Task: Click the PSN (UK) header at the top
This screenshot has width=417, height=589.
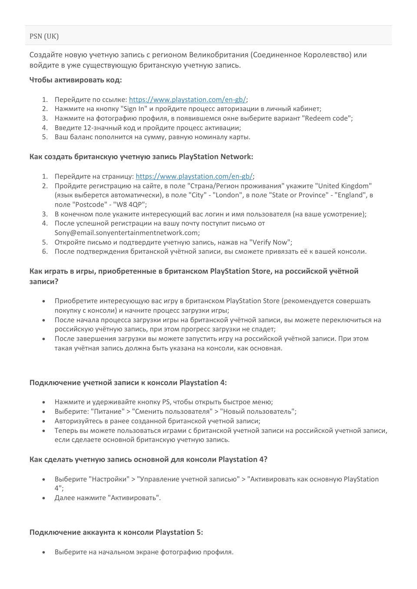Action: (44, 36)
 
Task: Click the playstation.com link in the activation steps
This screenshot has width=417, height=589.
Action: (187, 99)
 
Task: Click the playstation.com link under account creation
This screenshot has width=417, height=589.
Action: (194, 176)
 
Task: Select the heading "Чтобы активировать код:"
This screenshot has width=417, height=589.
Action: (76, 80)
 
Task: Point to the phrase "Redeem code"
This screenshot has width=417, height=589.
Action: (327, 118)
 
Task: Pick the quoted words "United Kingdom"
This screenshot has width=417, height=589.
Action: (343, 186)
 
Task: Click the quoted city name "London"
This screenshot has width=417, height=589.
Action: (228, 195)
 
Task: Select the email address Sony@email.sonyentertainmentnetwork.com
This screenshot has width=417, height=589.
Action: (126, 232)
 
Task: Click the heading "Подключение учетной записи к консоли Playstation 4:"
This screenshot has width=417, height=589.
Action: (128, 383)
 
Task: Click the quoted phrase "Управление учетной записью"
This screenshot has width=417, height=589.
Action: (188, 479)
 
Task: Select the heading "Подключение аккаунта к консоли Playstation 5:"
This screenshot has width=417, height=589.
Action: (116, 532)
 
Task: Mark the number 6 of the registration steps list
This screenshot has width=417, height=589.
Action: (45, 251)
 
